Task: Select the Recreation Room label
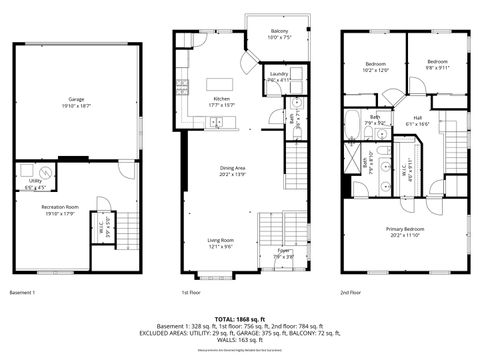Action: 60,209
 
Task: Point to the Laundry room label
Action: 279,76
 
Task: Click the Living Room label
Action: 220,243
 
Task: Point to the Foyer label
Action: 284,252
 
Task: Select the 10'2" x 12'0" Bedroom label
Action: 374,67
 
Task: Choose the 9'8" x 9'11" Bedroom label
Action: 437,64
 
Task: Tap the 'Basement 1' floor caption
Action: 22,293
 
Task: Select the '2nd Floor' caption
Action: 350,293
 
